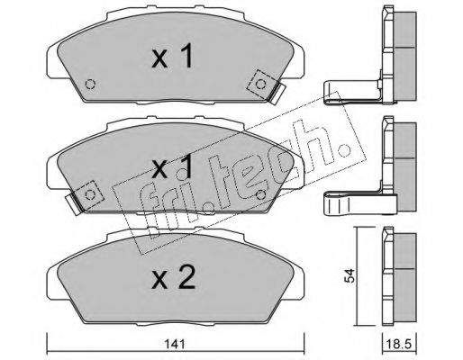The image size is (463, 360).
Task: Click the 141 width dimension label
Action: (176, 345)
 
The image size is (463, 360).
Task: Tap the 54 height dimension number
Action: (350, 276)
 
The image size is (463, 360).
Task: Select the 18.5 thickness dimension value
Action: (399, 345)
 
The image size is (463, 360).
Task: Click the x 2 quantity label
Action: (173, 278)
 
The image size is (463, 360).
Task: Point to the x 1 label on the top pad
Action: (172, 56)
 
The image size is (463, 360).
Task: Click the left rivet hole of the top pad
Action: (90, 85)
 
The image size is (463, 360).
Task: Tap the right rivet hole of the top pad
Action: (260, 85)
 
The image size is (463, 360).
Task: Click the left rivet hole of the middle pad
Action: (90, 195)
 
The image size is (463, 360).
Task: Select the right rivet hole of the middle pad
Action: (260, 195)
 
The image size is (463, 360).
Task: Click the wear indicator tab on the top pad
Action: (277, 94)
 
